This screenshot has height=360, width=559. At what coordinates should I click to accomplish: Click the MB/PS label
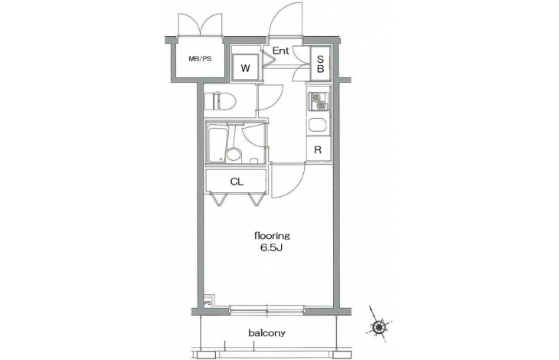tap(200, 59)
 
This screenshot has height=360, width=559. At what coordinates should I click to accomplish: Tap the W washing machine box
tap(245, 67)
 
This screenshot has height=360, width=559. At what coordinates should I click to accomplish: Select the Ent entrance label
tap(280, 51)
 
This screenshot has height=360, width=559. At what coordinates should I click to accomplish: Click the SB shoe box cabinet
tap(320, 64)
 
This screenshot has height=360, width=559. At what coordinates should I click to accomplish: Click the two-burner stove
tap(318, 101)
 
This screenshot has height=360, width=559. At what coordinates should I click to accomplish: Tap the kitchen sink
tap(319, 124)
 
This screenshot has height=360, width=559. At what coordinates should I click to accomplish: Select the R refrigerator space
tap(318, 149)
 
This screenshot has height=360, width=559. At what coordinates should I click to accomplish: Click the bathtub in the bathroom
tap(217, 144)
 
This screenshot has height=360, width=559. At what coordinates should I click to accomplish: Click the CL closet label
tap(237, 182)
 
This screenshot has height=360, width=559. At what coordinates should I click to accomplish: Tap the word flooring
tap(272, 236)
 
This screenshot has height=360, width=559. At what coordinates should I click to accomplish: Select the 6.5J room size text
tap(271, 248)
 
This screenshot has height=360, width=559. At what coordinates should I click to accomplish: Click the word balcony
tap(266, 334)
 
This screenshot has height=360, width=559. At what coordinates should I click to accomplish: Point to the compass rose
tap(378, 326)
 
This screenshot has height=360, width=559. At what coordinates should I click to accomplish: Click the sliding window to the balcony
tap(266, 310)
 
